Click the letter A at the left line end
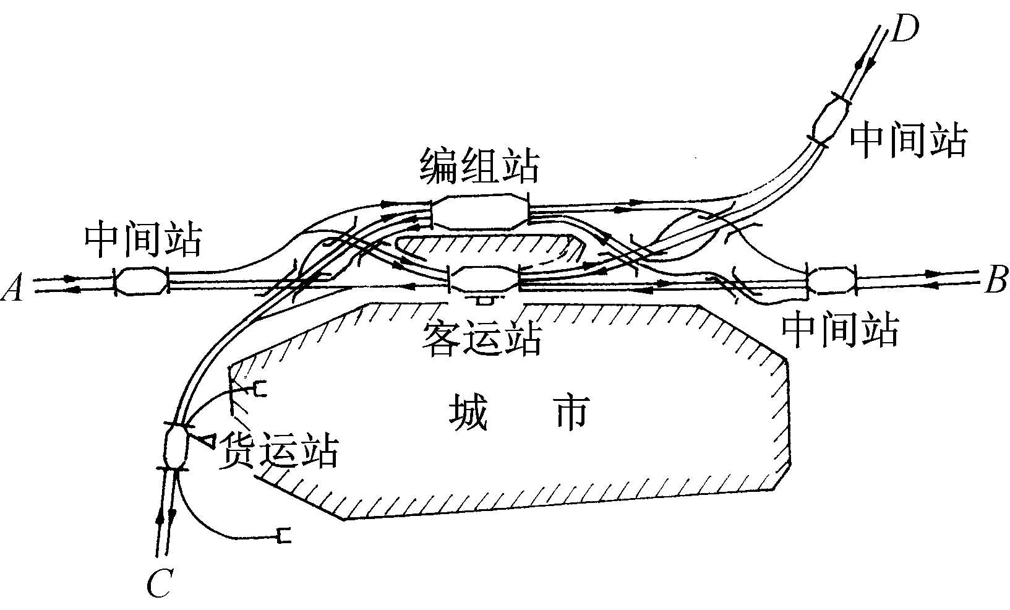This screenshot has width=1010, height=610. coord(14,288)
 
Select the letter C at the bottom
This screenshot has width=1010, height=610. coord(160,583)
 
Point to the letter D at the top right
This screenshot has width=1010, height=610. coord(904,28)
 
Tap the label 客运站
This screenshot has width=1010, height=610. coord(482,338)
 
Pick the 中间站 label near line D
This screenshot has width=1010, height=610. coord(908,140)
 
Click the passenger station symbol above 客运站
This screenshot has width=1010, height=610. coord(482,279)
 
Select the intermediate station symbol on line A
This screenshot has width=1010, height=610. coord(141,281)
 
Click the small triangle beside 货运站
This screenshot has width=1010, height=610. coord(206,440)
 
